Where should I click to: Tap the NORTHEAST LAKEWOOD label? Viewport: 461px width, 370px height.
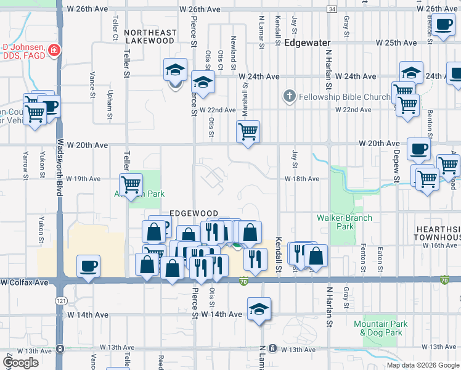(150, 36)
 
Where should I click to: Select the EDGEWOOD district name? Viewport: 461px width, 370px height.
(195, 213)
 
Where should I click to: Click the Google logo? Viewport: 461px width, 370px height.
(21, 362)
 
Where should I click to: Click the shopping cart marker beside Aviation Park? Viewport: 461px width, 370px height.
(131, 184)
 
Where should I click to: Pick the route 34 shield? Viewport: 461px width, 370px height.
(332, 10)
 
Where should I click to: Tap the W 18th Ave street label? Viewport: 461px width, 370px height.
(302, 179)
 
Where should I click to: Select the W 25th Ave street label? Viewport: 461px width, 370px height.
(398, 43)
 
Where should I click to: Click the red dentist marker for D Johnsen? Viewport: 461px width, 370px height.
(55, 49)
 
